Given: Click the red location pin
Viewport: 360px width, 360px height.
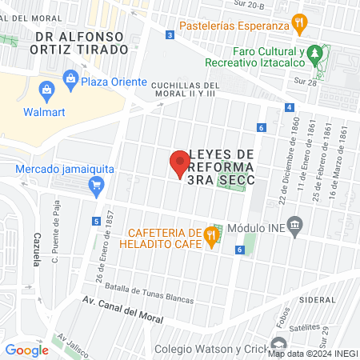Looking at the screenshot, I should point(180,163).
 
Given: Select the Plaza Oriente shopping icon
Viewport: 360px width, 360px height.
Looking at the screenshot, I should point(70,78).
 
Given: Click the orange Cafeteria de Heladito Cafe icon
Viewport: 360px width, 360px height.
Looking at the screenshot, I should point(211,234).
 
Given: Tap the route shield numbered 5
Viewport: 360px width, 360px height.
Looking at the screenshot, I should point(96,221).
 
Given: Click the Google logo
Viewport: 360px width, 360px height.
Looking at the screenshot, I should point(26,350).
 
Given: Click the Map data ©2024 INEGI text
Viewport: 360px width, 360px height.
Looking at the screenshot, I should point(313,353).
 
